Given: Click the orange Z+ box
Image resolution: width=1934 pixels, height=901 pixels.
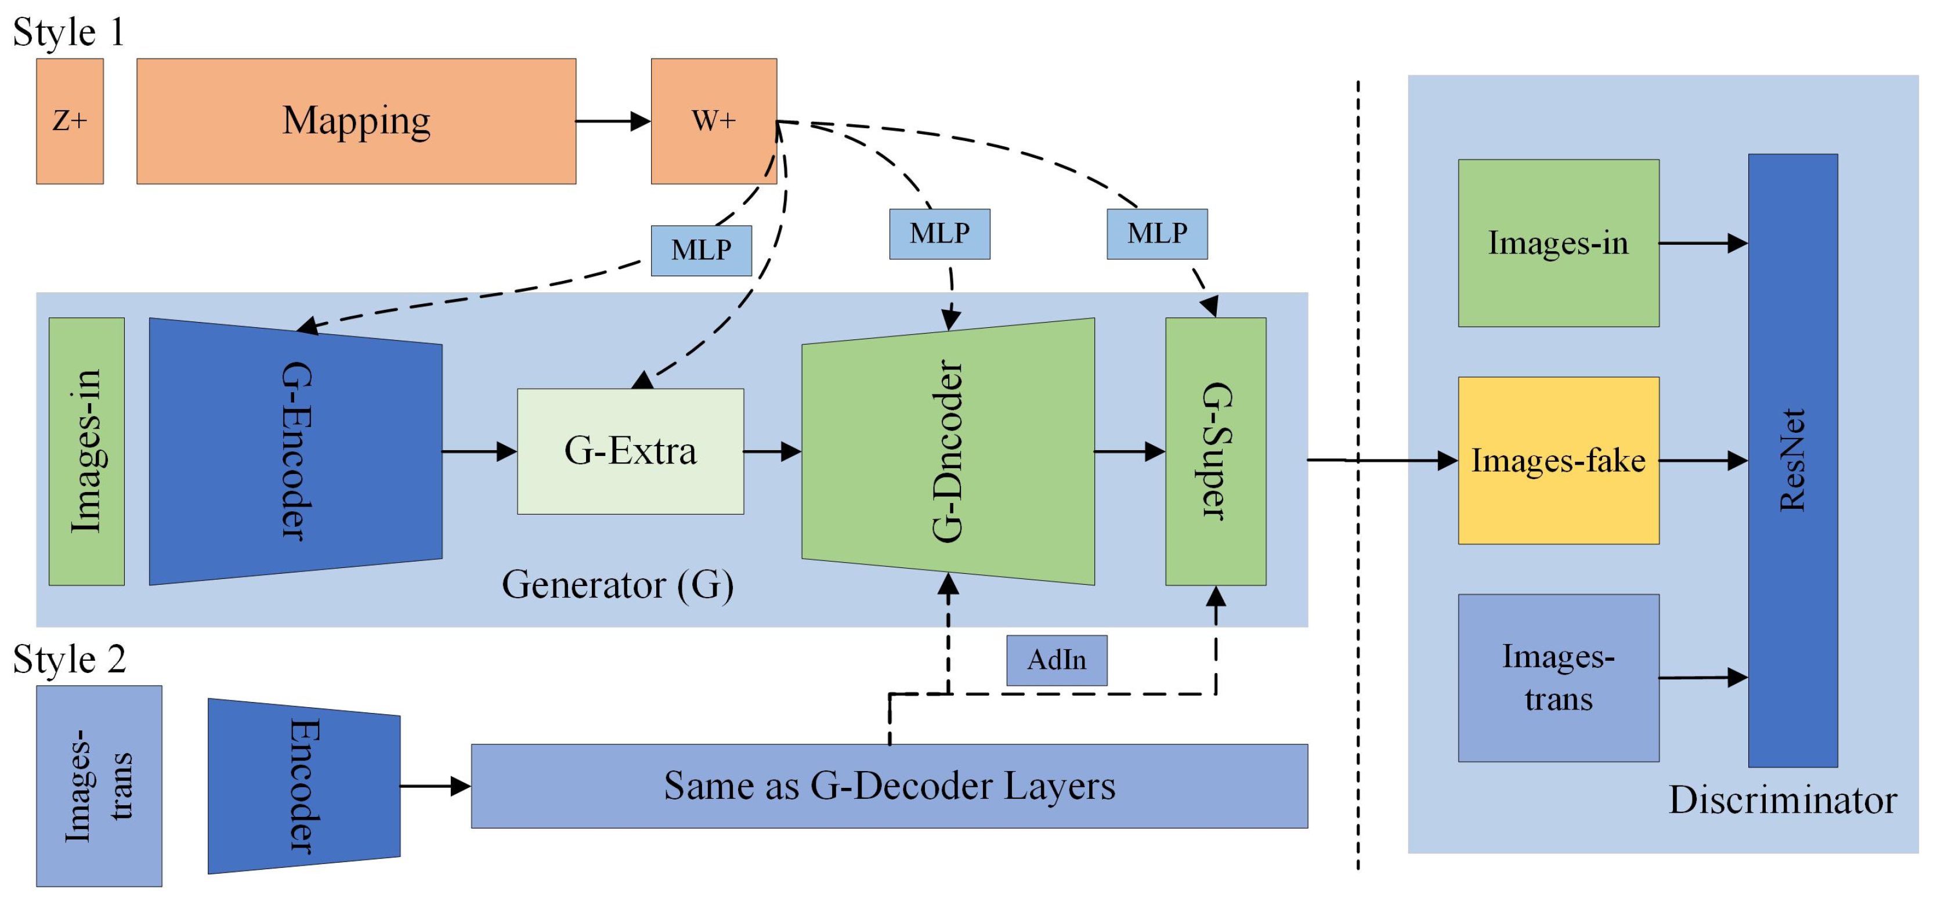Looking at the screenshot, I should [70, 121].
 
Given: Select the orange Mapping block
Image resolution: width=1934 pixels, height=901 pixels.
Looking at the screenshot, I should [356, 121].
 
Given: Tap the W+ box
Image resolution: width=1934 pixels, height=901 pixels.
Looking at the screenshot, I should [713, 121].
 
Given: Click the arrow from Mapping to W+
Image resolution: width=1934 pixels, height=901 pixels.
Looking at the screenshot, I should [612, 121].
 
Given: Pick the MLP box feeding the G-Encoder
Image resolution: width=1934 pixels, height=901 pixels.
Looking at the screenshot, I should [700, 250].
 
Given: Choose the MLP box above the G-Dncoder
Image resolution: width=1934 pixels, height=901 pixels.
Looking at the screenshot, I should [939, 233].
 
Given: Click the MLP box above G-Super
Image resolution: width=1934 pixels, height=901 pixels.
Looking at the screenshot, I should [1156, 233].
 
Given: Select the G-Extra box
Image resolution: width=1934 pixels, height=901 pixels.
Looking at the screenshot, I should [630, 451].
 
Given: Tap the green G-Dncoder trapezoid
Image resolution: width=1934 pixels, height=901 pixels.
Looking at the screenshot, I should [948, 451].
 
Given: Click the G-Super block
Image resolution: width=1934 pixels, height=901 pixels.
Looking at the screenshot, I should [1214, 451].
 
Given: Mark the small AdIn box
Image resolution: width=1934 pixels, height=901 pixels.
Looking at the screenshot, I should [1055, 660].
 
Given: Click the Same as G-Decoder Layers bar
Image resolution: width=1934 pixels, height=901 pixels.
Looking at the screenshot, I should [889, 786].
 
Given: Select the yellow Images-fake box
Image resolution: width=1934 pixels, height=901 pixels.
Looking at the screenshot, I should [1558, 460].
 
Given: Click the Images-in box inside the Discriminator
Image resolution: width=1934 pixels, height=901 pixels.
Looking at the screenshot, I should [1558, 243].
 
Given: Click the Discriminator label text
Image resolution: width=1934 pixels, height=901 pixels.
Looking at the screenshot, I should [1781, 801].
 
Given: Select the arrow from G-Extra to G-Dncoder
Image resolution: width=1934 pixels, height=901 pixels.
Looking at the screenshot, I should [772, 451].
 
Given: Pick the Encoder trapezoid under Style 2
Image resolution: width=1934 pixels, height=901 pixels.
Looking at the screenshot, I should [303, 786].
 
